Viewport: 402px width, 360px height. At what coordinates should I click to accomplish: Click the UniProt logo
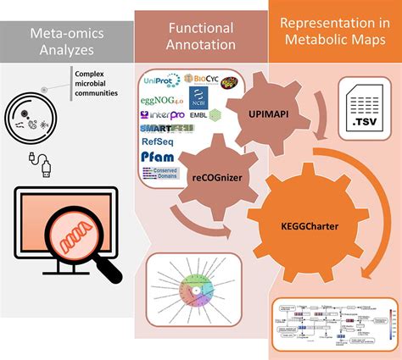[x=161, y=80]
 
